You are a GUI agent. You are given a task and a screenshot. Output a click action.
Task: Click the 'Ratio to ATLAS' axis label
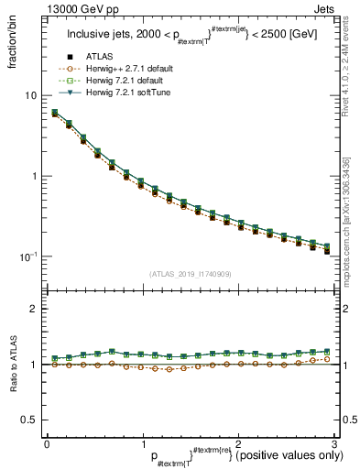(12, 365)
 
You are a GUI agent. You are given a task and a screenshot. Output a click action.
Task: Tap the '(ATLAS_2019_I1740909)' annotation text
(190, 274)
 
